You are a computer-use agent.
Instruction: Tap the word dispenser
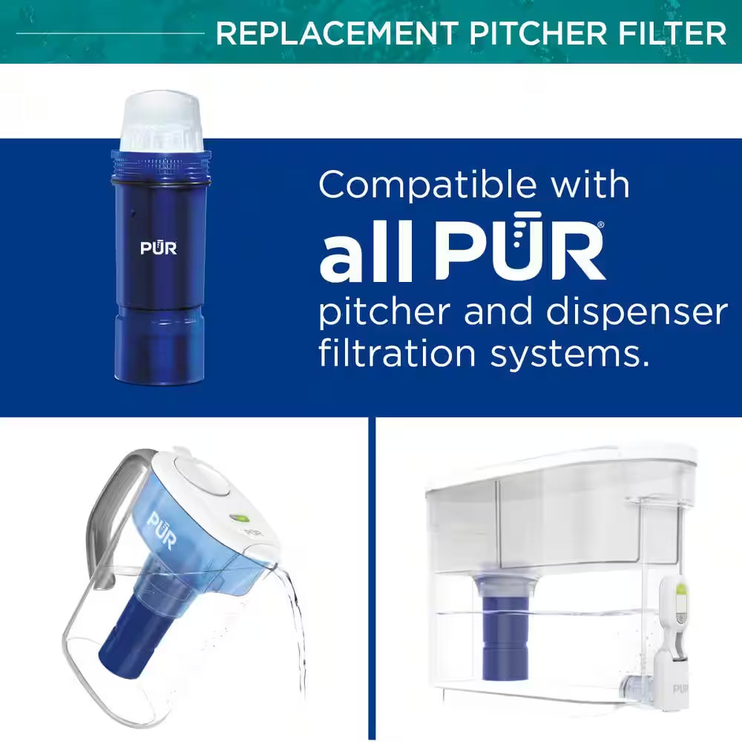point(639,313)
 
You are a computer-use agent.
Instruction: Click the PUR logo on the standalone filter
point(159,249)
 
